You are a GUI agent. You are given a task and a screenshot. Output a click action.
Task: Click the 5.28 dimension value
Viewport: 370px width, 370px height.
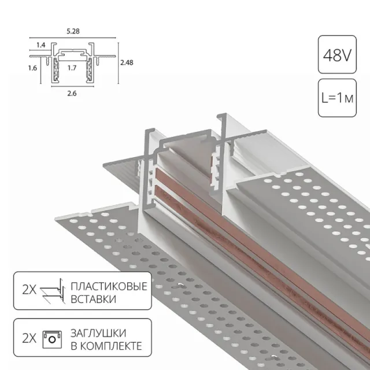click(73, 31)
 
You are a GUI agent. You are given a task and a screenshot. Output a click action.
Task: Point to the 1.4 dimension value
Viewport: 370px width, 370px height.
click(41, 45)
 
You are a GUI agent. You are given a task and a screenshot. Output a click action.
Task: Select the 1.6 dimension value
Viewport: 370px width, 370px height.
click(32, 68)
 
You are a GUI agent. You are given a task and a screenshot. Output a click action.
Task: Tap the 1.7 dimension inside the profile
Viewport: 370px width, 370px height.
click(72, 68)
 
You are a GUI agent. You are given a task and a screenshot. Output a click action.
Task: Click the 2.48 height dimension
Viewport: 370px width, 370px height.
click(127, 62)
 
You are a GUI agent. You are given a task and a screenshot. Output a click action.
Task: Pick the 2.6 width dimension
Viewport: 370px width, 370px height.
click(72, 94)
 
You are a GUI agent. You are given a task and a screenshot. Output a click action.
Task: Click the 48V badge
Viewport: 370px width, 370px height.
click(337, 54)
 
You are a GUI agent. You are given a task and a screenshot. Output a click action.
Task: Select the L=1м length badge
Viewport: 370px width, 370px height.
click(337, 98)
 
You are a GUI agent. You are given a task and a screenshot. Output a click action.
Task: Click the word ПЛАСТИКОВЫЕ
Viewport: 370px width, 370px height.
click(109, 287)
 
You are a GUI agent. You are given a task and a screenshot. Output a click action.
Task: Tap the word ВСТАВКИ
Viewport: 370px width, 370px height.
click(94, 299)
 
